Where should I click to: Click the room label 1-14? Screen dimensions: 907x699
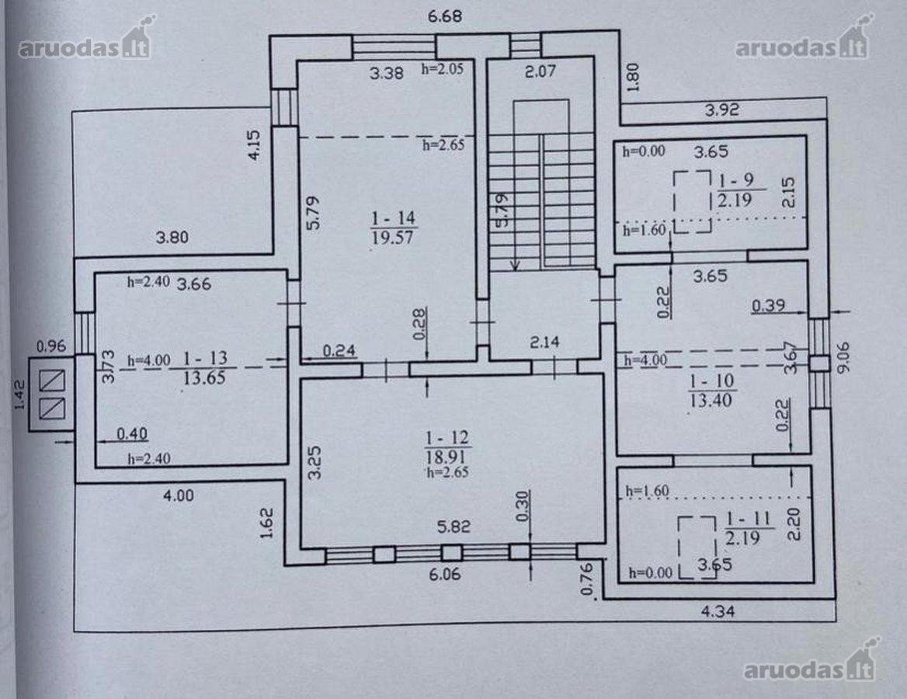(394, 218)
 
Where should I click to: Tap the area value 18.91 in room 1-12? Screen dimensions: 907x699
(447, 457)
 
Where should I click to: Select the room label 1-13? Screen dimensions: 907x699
(205, 358)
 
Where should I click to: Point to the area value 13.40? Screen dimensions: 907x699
(711, 400)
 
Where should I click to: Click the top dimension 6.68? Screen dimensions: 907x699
(445, 16)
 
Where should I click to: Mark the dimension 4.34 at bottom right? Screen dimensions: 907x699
(718, 610)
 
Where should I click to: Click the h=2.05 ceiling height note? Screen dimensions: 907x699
(443, 69)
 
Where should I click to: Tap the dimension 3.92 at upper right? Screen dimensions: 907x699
(722, 110)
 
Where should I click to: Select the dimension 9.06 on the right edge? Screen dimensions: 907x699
(843, 357)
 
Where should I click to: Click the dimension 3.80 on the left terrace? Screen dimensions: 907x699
(172, 237)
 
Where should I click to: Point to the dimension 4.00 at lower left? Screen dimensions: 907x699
(179, 496)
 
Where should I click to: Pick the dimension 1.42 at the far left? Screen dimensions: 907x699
(20, 395)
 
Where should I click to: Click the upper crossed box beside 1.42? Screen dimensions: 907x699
(52, 381)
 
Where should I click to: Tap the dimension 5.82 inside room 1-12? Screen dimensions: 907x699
(453, 527)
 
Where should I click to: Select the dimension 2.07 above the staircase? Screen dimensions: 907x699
(540, 71)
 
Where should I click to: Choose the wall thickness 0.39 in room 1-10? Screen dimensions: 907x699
(769, 305)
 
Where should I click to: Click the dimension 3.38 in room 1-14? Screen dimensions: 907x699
(387, 73)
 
